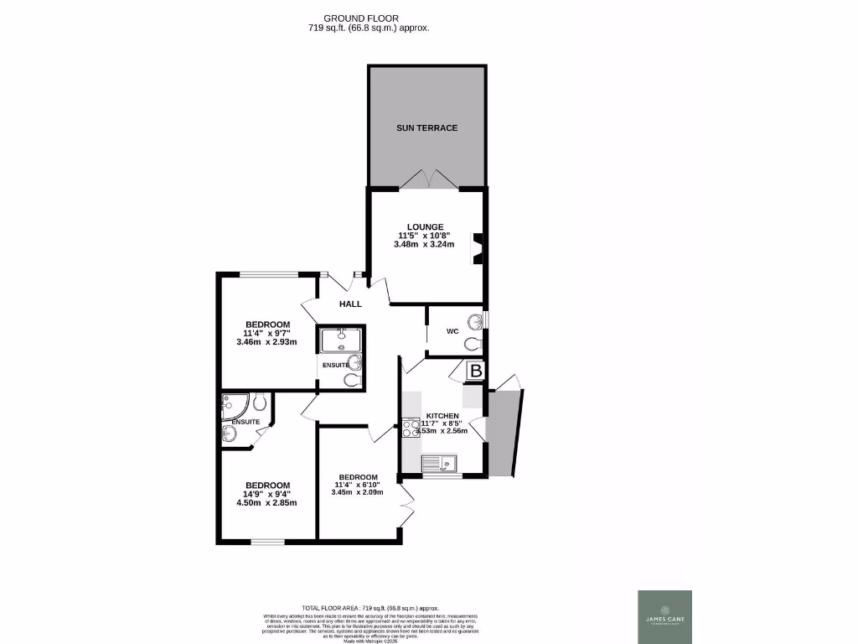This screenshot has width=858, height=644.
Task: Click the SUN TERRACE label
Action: [x=426, y=127]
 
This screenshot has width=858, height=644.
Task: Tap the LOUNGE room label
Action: [x=423, y=226]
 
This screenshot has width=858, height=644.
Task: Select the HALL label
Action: [x=350, y=304]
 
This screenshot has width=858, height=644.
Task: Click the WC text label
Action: [x=452, y=331]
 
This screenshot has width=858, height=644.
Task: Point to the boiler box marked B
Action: [x=476, y=371]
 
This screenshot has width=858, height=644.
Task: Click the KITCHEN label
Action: [x=442, y=416]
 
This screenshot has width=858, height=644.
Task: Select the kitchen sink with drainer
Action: [x=438, y=463]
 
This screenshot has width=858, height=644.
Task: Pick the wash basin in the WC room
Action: [x=477, y=321]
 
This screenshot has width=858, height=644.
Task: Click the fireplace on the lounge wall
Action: [x=478, y=248]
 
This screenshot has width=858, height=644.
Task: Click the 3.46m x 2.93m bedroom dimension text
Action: [x=267, y=342]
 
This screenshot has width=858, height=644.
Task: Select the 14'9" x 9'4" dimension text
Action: [x=267, y=494]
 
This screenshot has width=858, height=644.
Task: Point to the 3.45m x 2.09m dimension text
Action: [x=358, y=492]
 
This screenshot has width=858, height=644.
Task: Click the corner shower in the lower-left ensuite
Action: [x=232, y=406]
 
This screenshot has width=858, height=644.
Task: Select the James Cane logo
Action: [x=664, y=617]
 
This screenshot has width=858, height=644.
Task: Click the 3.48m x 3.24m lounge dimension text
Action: [x=423, y=245]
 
